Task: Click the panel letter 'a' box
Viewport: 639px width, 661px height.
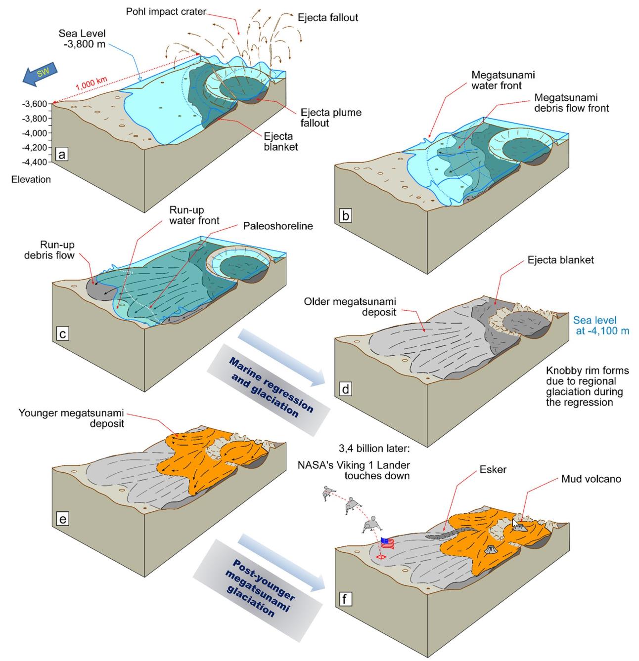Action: coord(62,155)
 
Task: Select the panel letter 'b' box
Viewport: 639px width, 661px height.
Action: coord(346,215)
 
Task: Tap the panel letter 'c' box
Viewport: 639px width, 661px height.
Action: coord(62,334)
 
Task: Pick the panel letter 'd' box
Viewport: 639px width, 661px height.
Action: coord(345,389)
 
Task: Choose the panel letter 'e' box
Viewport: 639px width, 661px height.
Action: coord(62,519)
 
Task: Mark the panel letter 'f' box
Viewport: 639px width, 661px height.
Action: coord(344,599)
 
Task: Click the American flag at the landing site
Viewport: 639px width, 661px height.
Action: coord(387,544)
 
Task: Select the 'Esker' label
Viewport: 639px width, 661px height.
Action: coord(493,469)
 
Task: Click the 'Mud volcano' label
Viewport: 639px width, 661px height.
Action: coord(591,479)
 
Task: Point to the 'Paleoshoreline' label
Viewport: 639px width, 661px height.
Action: coord(278,226)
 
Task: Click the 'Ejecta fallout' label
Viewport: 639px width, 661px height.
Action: coord(327,18)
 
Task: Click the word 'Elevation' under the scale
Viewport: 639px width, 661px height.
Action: coord(31,179)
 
